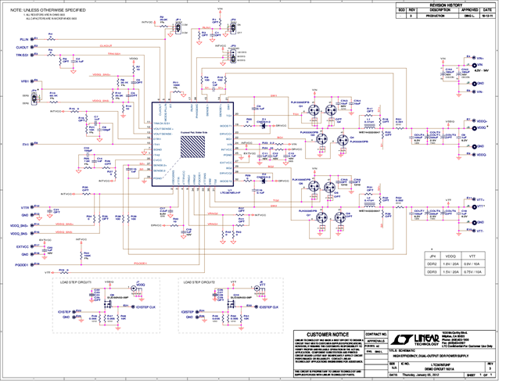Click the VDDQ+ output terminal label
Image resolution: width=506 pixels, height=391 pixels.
(x=482, y=121)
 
